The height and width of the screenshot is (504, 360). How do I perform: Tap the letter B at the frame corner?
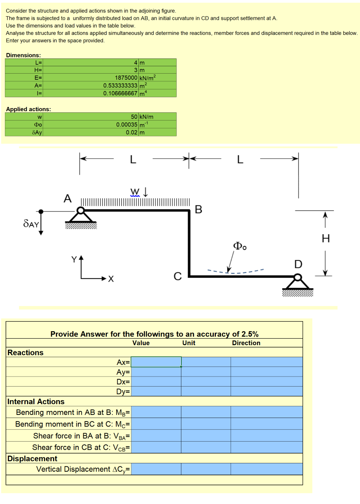pyautogui.click(x=198, y=210)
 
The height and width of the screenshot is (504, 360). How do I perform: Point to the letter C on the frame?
pyautogui.click(x=177, y=276)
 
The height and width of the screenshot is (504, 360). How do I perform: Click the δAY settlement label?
pyautogui.click(x=31, y=224)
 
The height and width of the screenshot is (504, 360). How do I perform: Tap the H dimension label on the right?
pyautogui.click(x=326, y=239)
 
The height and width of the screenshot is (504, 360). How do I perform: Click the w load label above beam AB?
pyautogui.click(x=135, y=191)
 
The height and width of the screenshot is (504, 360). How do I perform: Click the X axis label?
pyautogui.click(x=111, y=279)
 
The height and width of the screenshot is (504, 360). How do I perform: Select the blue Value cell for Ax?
pyautogui.click(x=156, y=362)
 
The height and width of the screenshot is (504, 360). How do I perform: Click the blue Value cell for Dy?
pyautogui.click(x=156, y=391)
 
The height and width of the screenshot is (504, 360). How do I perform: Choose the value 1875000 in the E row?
pyautogui.click(x=126, y=78)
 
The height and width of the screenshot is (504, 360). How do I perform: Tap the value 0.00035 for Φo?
pyautogui.click(x=127, y=125)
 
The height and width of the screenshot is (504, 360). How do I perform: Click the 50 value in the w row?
pyautogui.click(x=134, y=117)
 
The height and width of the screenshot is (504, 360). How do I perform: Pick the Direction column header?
pyautogui.click(x=246, y=343)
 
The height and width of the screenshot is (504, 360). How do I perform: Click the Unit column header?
pyautogui.click(x=189, y=343)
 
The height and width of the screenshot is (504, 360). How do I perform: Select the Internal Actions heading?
pyautogui.click(x=36, y=402)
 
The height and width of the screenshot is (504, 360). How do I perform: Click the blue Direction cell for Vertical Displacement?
pyautogui.click(x=266, y=469)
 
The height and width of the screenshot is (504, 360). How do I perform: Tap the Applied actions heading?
pyautogui.click(x=28, y=109)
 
